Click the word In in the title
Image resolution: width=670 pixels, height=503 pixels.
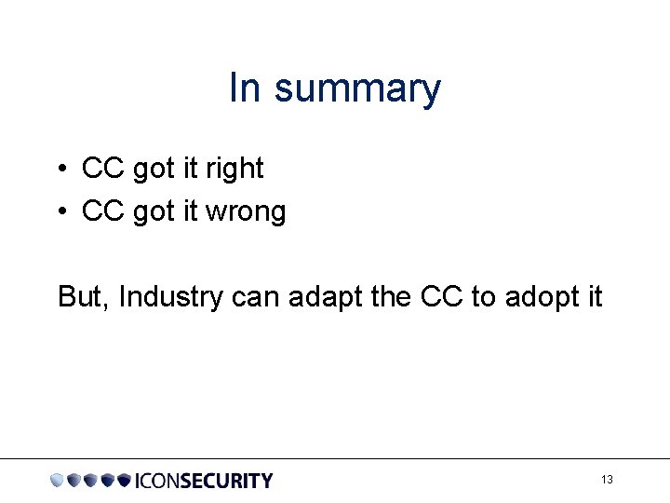[x=246, y=88]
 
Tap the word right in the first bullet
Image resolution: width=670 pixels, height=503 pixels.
[x=234, y=170]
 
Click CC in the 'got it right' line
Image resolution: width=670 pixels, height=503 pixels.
[x=103, y=169]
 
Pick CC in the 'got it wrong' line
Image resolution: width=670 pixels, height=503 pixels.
[x=103, y=211]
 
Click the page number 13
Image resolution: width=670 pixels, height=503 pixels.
[x=607, y=480]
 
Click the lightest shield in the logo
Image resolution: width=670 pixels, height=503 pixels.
[x=58, y=481]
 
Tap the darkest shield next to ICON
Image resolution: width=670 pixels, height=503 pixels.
[x=124, y=481]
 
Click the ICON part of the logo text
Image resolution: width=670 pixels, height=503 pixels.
[x=157, y=481]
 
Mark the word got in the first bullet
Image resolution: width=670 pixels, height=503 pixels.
[x=153, y=170]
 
